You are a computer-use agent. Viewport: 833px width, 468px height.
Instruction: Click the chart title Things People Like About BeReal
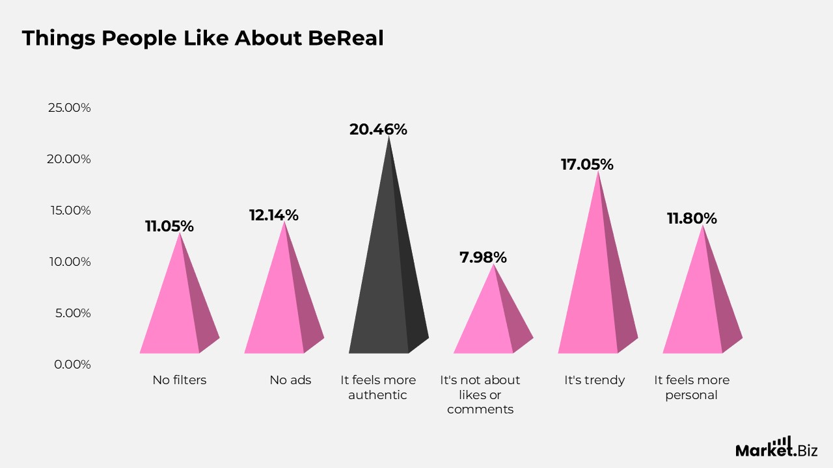tap(202, 38)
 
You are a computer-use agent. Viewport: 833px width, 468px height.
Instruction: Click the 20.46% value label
tap(378, 129)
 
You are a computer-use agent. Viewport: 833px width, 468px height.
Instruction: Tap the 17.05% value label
tap(587, 164)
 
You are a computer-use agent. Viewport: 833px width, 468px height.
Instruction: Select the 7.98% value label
tap(483, 257)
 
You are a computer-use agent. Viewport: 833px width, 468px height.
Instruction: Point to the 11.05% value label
tap(169, 226)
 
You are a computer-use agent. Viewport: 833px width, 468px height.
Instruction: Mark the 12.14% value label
tap(274, 215)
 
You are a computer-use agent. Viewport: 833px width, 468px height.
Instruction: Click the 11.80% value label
tap(692, 218)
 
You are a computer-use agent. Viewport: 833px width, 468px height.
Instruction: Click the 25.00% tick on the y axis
tap(69, 107)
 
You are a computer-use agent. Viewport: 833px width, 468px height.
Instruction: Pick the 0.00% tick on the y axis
tap(72, 364)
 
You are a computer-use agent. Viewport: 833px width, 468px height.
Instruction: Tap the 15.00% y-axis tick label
tap(69, 210)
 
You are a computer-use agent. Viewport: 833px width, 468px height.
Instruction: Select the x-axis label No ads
tap(290, 380)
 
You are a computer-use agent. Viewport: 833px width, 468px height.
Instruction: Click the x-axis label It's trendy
tap(594, 380)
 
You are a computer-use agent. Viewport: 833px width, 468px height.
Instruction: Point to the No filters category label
tap(180, 380)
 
